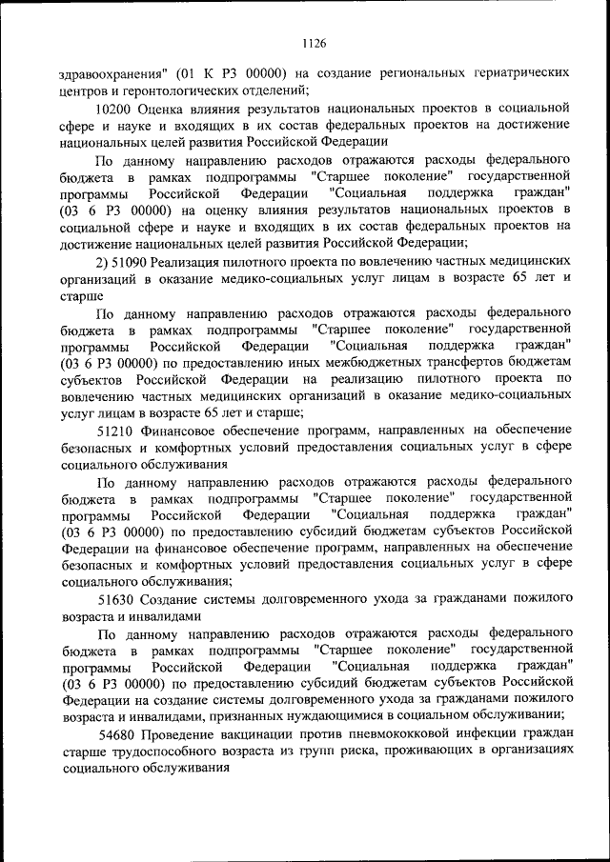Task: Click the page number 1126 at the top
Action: (314, 43)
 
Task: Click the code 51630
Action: (117, 598)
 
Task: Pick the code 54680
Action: (117, 733)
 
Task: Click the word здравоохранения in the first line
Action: (112, 73)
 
